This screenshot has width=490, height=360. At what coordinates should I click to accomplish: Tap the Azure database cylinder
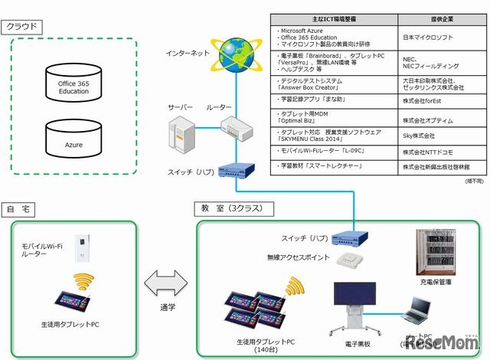click(x=73, y=140)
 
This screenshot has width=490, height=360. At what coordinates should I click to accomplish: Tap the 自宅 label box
click(x=21, y=209)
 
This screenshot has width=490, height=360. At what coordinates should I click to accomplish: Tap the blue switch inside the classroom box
click(x=354, y=238)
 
